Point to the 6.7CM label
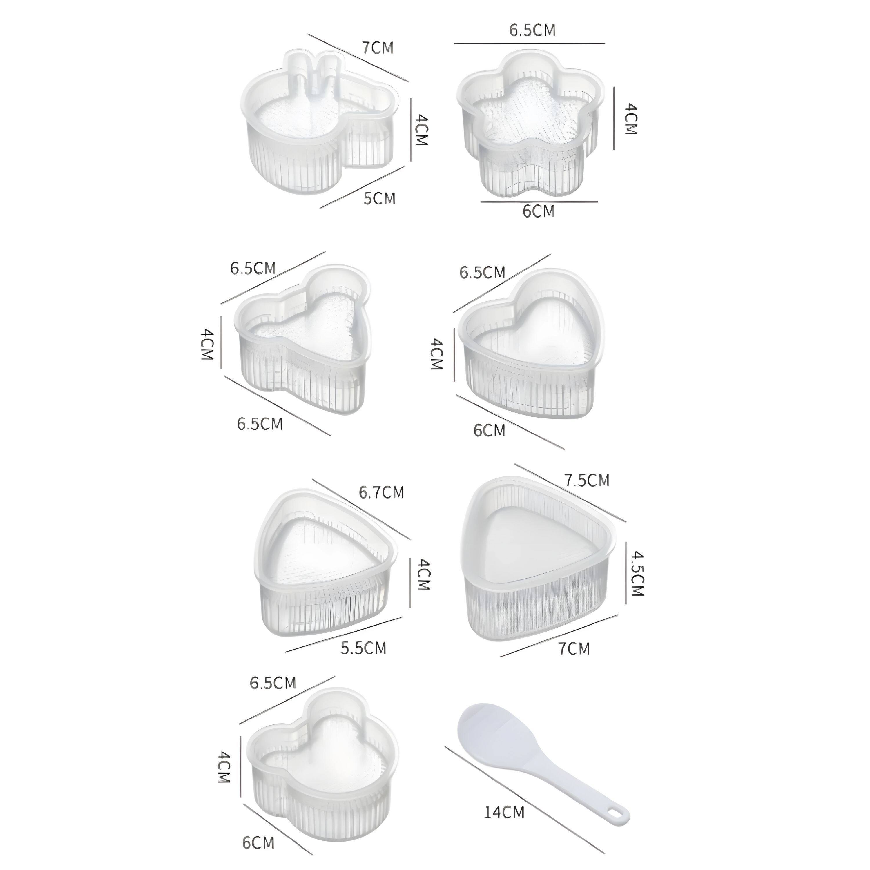381,492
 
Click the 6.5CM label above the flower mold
532,30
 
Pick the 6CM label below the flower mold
538,211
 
